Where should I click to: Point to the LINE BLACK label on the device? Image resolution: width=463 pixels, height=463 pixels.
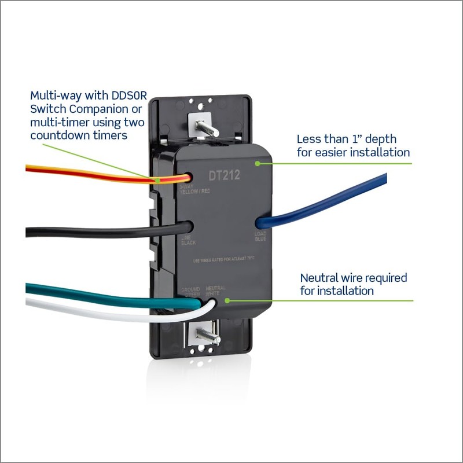[189, 240]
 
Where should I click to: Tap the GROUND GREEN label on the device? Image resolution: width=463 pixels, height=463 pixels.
[190, 291]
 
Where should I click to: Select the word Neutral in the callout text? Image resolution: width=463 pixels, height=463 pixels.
[319, 278]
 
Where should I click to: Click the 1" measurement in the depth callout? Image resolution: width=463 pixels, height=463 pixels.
[364, 139]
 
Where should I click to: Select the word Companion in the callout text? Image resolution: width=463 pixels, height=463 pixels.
[87, 109]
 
